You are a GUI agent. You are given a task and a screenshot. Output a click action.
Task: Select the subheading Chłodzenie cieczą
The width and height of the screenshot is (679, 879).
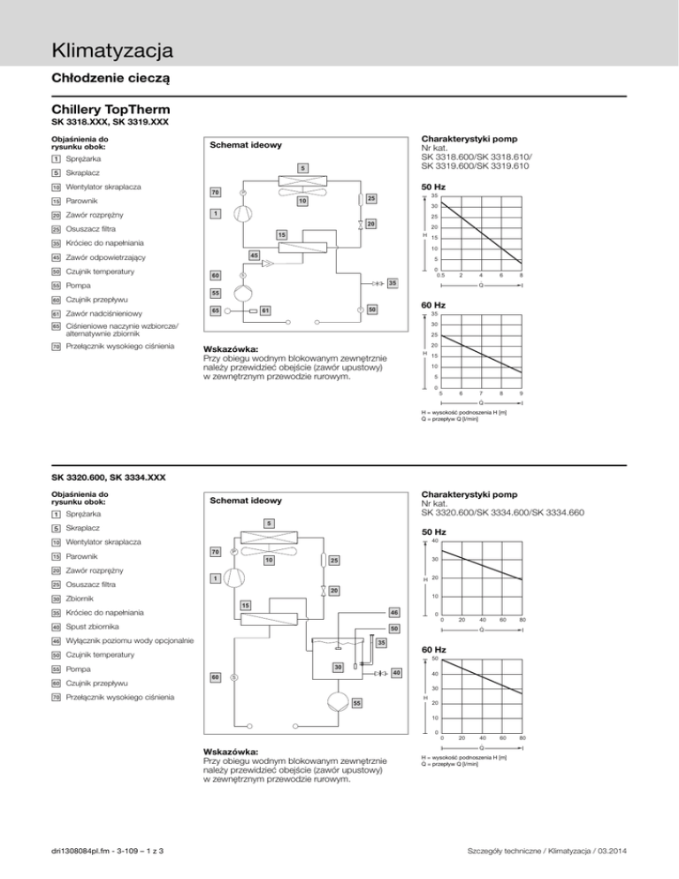[111, 78]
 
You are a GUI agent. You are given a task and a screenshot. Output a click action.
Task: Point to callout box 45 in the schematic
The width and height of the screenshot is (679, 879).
[253, 256]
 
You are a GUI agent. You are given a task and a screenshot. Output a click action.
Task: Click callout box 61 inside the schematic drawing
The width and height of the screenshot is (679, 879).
[264, 310]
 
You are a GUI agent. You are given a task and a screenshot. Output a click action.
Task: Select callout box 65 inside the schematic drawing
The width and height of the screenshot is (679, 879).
[215, 310]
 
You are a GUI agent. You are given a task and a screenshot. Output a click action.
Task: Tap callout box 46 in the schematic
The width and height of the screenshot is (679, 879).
[394, 612]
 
